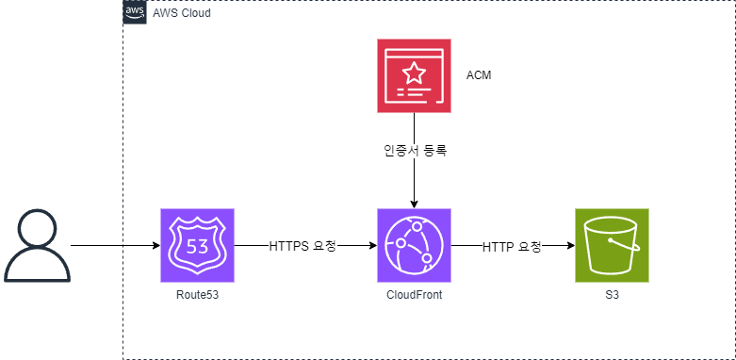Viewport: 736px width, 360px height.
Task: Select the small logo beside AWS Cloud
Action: click(136, 13)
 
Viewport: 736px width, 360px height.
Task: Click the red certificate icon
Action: click(414, 75)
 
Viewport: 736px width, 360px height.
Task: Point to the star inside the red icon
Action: click(414, 71)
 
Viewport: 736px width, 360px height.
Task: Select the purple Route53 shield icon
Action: click(197, 245)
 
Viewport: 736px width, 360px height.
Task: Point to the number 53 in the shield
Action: click(197, 247)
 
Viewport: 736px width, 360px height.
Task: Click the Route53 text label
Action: click(197, 295)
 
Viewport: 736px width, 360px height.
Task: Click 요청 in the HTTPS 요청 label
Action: click(324, 246)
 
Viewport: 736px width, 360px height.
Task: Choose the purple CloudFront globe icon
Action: click(414, 245)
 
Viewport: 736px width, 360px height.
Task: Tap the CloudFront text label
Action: click(414, 295)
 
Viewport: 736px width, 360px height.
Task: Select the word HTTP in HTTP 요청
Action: click(499, 247)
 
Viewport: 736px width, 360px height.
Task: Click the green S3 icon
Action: click(612, 245)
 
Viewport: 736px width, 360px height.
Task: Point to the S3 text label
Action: click(612, 295)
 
